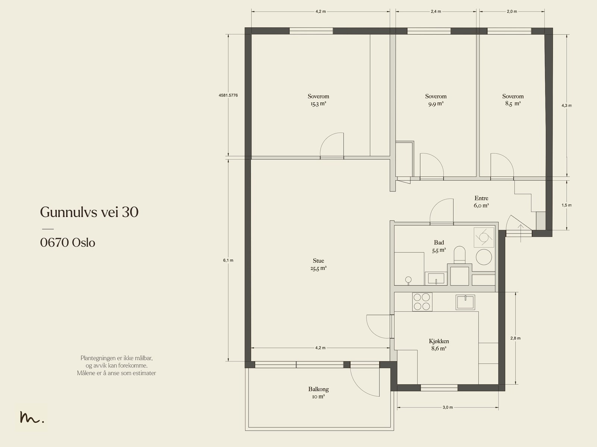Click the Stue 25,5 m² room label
318,264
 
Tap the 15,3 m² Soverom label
318,100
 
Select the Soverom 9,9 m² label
436,100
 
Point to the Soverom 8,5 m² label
513,100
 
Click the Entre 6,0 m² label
481,202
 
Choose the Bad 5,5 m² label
439,246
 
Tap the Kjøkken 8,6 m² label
439,345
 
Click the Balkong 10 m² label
318,393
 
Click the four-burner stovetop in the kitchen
422,302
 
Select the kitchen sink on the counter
465,302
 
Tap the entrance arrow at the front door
521,233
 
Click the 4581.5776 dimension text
228,96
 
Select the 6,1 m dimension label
228,260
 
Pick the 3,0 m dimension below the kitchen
448,407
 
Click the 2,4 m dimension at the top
436,12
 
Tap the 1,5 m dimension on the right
566,205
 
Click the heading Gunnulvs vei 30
89,212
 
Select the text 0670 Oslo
68,243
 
